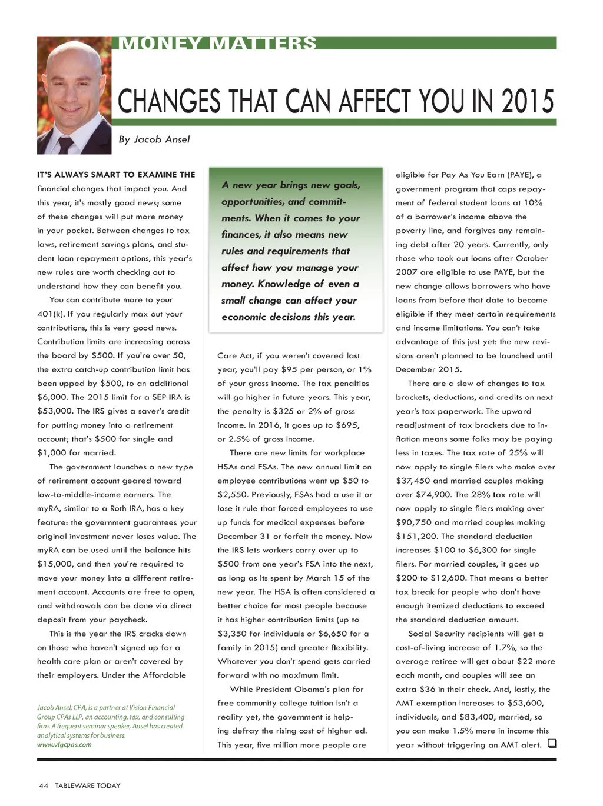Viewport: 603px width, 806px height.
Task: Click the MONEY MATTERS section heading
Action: click(217, 44)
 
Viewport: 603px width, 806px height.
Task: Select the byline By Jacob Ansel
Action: click(154, 139)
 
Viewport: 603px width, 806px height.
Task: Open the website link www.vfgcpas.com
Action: click(64, 745)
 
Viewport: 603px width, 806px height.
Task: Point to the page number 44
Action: click(43, 785)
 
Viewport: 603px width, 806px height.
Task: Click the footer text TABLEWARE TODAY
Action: click(88, 785)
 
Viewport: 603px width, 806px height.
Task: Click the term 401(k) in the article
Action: click(51, 314)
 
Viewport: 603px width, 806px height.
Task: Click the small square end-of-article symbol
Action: click(552, 744)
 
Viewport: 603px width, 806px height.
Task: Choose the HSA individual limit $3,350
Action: click(232, 634)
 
